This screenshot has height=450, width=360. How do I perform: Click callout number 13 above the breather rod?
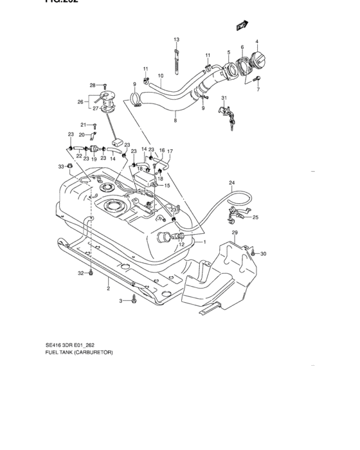[x=176, y=40]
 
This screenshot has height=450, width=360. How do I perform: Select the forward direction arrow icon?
[x=242, y=26]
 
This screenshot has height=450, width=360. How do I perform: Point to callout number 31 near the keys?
[x=224, y=98]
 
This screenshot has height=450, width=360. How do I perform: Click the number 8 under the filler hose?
[x=174, y=120]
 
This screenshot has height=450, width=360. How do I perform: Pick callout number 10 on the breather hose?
[x=161, y=76]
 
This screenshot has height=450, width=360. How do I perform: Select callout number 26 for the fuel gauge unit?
[x=80, y=101]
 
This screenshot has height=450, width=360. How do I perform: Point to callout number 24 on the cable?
[x=231, y=183]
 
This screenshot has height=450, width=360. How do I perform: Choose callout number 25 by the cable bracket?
[x=255, y=218]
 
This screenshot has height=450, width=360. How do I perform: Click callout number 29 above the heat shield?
[x=235, y=232]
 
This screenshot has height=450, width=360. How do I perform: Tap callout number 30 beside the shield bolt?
[x=263, y=254]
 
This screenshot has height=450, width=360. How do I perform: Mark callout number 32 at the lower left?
[x=81, y=274]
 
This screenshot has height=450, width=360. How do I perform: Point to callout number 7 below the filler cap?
[x=258, y=89]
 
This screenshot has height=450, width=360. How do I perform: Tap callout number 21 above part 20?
[x=82, y=125]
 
